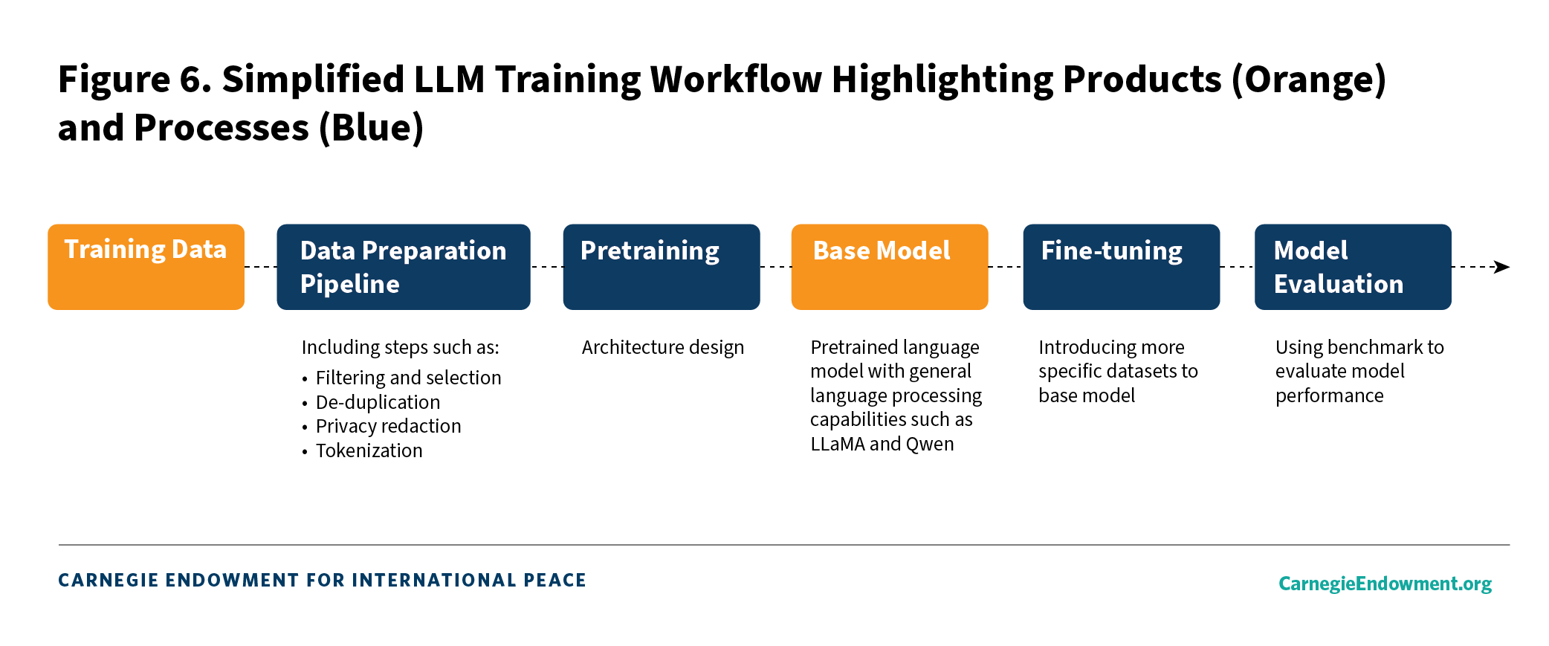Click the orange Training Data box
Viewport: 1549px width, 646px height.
146,267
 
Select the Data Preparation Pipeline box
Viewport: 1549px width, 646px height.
404,267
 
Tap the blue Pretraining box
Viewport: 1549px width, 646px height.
662,267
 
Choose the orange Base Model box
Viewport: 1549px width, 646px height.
890,267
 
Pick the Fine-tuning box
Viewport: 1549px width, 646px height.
1122,267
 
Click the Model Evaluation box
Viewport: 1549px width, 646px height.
1353,267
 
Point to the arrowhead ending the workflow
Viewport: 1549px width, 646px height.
1502,267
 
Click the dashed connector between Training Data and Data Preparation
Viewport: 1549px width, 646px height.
261,267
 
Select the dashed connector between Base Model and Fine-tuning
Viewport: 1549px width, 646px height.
1006,267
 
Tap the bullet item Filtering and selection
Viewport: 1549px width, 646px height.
409,378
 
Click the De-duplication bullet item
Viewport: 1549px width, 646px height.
378,402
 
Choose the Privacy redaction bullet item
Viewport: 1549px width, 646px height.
389,426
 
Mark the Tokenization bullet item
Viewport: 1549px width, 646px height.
369,450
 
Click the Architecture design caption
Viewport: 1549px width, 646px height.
663,347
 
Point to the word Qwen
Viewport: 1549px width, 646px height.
930,445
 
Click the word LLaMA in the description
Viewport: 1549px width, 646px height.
838,444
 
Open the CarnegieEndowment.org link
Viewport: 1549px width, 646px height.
1385,584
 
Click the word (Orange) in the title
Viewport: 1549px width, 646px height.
1309,80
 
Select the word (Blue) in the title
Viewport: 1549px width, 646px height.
371,128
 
